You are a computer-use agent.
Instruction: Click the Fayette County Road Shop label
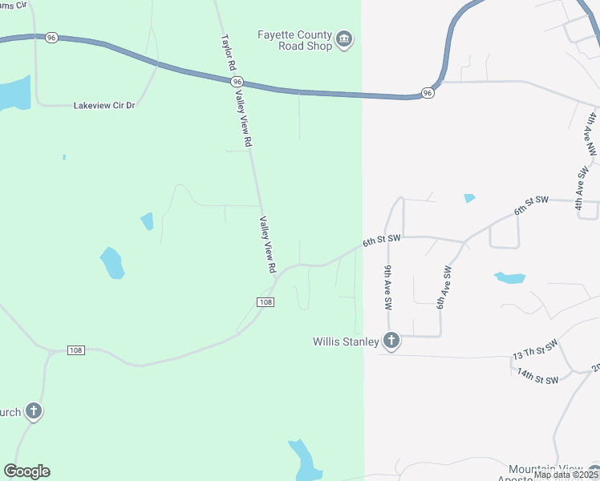[x=294, y=40]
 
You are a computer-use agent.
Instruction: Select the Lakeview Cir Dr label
[x=104, y=105]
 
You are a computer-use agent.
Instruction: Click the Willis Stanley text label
[x=345, y=342]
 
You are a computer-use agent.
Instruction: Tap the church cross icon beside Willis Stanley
[x=391, y=342]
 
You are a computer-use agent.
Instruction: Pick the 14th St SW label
[x=537, y=374]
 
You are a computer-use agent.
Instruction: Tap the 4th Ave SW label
[x=580, y=188]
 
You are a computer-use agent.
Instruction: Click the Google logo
[x=26, y=471]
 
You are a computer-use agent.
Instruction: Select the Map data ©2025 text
[x=566, y=475]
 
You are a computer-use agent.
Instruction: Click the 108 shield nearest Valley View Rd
[x=267, y=301]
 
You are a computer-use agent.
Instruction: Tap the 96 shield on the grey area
[x=428, y=93]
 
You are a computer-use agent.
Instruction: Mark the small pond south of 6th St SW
[x=509, y=278]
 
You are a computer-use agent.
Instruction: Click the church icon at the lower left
[x=33, y=412]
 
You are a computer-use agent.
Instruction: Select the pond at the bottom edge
[x=303, y=461]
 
